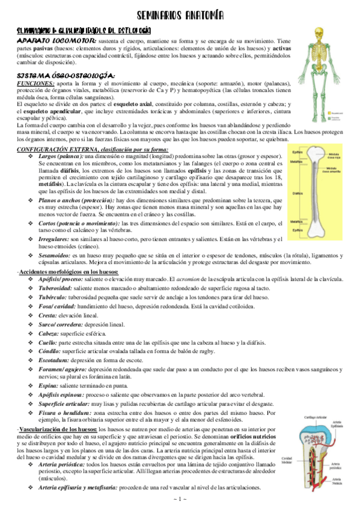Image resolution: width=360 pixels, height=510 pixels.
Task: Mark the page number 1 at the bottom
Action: click(180, 500)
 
